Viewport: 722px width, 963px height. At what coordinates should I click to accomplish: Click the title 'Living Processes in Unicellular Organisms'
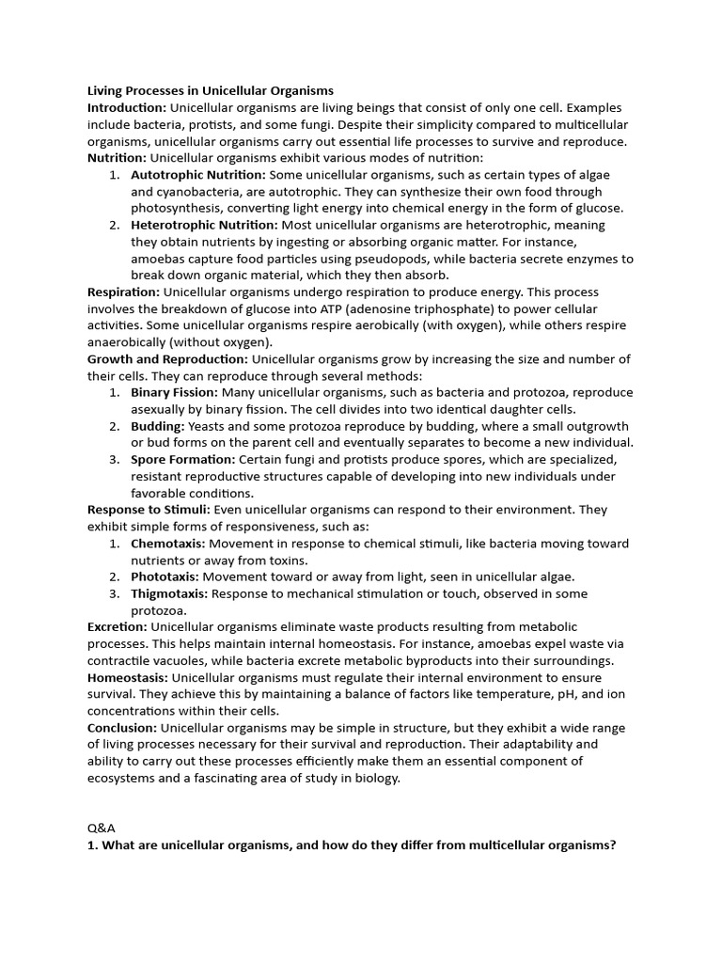[210, 91]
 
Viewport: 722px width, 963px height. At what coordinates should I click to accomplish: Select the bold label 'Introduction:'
[127, 108]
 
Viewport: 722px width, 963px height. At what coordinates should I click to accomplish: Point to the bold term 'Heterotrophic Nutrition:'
[204, 226]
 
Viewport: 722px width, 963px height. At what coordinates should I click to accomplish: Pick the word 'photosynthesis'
[177, 209]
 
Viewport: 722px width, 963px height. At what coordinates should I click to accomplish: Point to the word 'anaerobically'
[128, 342]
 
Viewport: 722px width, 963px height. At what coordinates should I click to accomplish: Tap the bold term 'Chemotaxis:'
[167, 544]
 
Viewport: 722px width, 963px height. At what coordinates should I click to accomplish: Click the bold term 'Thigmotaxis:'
[169, 593]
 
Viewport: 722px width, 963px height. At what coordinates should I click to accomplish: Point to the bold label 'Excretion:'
[118, 626]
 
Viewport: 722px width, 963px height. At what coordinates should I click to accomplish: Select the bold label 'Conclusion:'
[122, 728]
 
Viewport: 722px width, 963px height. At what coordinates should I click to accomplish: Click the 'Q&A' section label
[101, 828]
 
